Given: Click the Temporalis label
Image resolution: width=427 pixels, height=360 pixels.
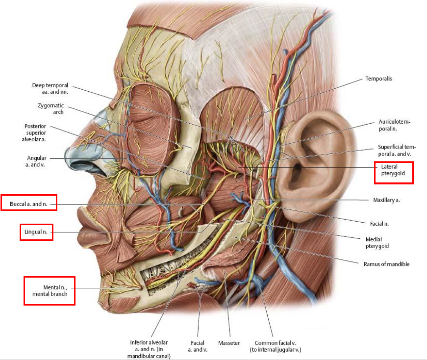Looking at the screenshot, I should pos(378,78).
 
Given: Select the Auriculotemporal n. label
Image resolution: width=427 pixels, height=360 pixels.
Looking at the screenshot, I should pos(394,125).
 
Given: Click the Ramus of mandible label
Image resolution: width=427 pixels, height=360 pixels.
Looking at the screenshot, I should pos(386,264).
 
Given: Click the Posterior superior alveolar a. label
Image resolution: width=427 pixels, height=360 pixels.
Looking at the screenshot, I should pos(35,133).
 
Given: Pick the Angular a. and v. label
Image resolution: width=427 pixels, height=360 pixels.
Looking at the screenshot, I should pos(37,161).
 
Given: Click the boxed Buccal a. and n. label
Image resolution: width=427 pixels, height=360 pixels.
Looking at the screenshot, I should pos(29,203).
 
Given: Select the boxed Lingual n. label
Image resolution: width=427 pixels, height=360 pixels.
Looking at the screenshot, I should pos(36,232).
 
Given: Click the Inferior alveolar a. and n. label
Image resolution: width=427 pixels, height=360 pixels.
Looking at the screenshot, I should pos(149,349).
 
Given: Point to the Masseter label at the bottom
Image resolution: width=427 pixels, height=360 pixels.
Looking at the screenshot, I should pos(228,342).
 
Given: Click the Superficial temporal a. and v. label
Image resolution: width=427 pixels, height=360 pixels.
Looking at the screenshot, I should pos(396,150).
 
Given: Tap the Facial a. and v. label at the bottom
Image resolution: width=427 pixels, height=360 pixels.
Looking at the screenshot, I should pos(198,346).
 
